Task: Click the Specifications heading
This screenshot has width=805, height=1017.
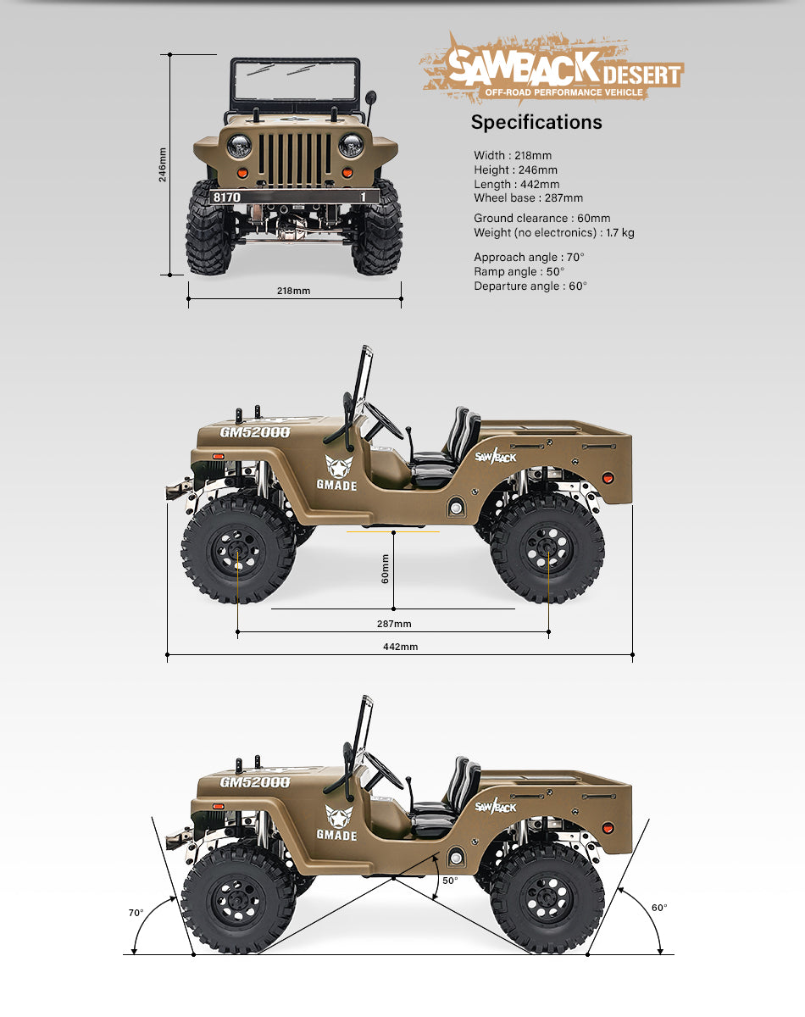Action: click(536, 122)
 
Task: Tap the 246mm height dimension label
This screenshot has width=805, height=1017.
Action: click(162, 164)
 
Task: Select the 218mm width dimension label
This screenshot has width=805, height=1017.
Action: click(293, 291)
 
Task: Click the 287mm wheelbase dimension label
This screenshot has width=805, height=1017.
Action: click(394, 624)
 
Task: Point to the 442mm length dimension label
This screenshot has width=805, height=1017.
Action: click(400, 647)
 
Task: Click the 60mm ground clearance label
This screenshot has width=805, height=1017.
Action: click(385, 569)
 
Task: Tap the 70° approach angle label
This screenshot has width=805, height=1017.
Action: click(136, 913)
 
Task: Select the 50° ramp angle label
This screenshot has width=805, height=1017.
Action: click(450, 881)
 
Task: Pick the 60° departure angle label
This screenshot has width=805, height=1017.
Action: click(659, 908)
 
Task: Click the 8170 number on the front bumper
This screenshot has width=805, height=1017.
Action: click(226, 197)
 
